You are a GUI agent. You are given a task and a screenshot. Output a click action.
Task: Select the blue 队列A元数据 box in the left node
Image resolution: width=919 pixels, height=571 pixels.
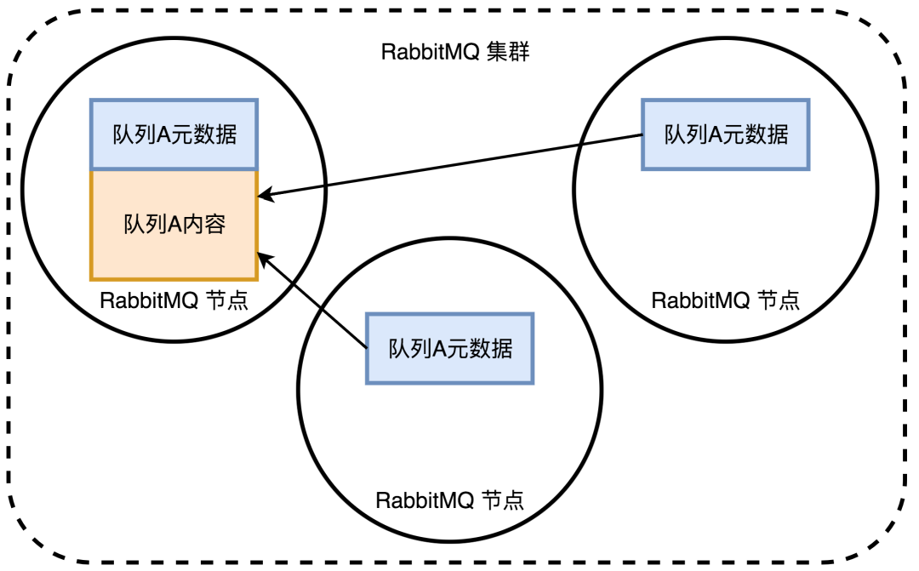click(x=174, y=135)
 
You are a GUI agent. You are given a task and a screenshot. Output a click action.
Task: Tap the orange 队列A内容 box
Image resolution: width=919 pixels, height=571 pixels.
click(x=174, y=225)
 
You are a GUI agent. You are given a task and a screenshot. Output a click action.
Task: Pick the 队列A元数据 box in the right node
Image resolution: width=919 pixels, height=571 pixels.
click(x=726, y=134)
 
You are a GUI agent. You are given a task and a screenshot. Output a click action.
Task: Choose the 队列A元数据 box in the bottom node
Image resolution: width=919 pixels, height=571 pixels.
click(x=450, y=348)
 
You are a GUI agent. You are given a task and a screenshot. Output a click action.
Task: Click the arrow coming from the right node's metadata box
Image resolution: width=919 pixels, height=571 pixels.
click(x=451, y=165)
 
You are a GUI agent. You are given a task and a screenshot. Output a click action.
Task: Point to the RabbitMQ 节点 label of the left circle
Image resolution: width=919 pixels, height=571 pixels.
click(x=174, y=301)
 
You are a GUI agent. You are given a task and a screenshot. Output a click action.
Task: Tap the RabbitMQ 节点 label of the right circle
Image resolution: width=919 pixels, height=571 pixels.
click(x=725, y=300)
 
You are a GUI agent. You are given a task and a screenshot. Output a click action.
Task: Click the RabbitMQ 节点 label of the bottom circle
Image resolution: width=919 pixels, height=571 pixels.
click(x=449, y=500)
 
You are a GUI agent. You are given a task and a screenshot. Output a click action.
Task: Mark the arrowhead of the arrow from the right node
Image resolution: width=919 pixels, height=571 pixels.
click(x=264, y=195)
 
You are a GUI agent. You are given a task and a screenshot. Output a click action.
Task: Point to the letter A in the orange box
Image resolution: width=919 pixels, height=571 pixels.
click(x=169, y=225)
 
